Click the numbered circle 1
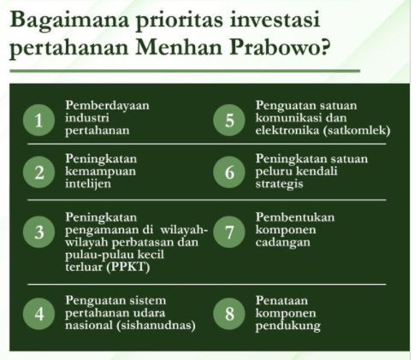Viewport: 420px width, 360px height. tap(38, 120)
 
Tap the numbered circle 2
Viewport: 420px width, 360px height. tap(38, 172)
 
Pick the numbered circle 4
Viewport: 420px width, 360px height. tap(38, 313)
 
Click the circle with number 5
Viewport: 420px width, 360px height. tap(228, 120)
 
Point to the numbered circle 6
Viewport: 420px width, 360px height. tap(228, 172)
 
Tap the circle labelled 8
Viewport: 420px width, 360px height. tap(228, 313)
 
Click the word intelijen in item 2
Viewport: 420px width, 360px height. tap(89, 184)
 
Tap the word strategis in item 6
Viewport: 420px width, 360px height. tap(280, 184)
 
